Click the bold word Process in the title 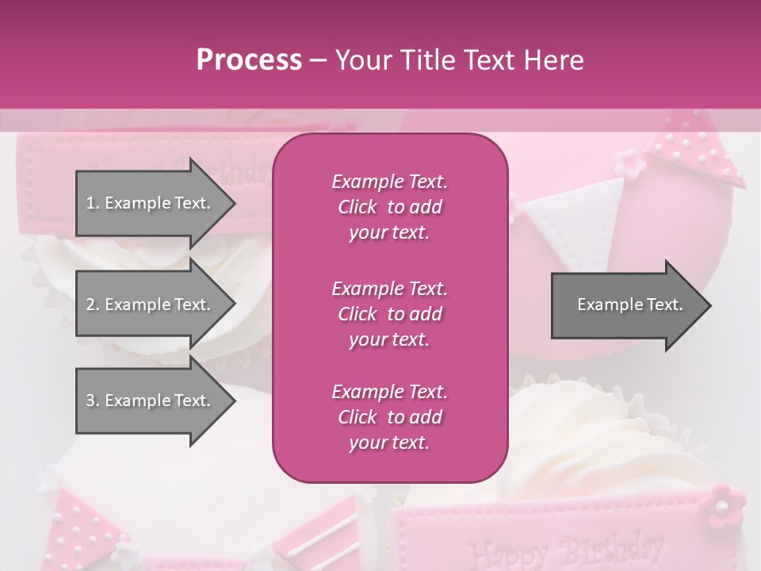[x=249, y=60]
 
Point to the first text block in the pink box [x=389, y=207]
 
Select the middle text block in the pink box [x=389, y=314]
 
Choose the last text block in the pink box [x=389, y=417]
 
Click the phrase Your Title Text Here [x=460, y=60]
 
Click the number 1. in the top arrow [x=92, y=203]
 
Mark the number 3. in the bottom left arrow [x=92, y=400]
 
